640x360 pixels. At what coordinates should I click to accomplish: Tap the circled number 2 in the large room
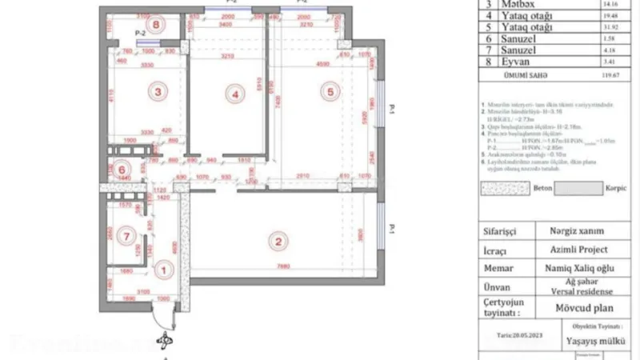278,241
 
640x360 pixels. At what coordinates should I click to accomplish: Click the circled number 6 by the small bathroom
122,169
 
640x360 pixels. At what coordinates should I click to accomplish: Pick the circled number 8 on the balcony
158,26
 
